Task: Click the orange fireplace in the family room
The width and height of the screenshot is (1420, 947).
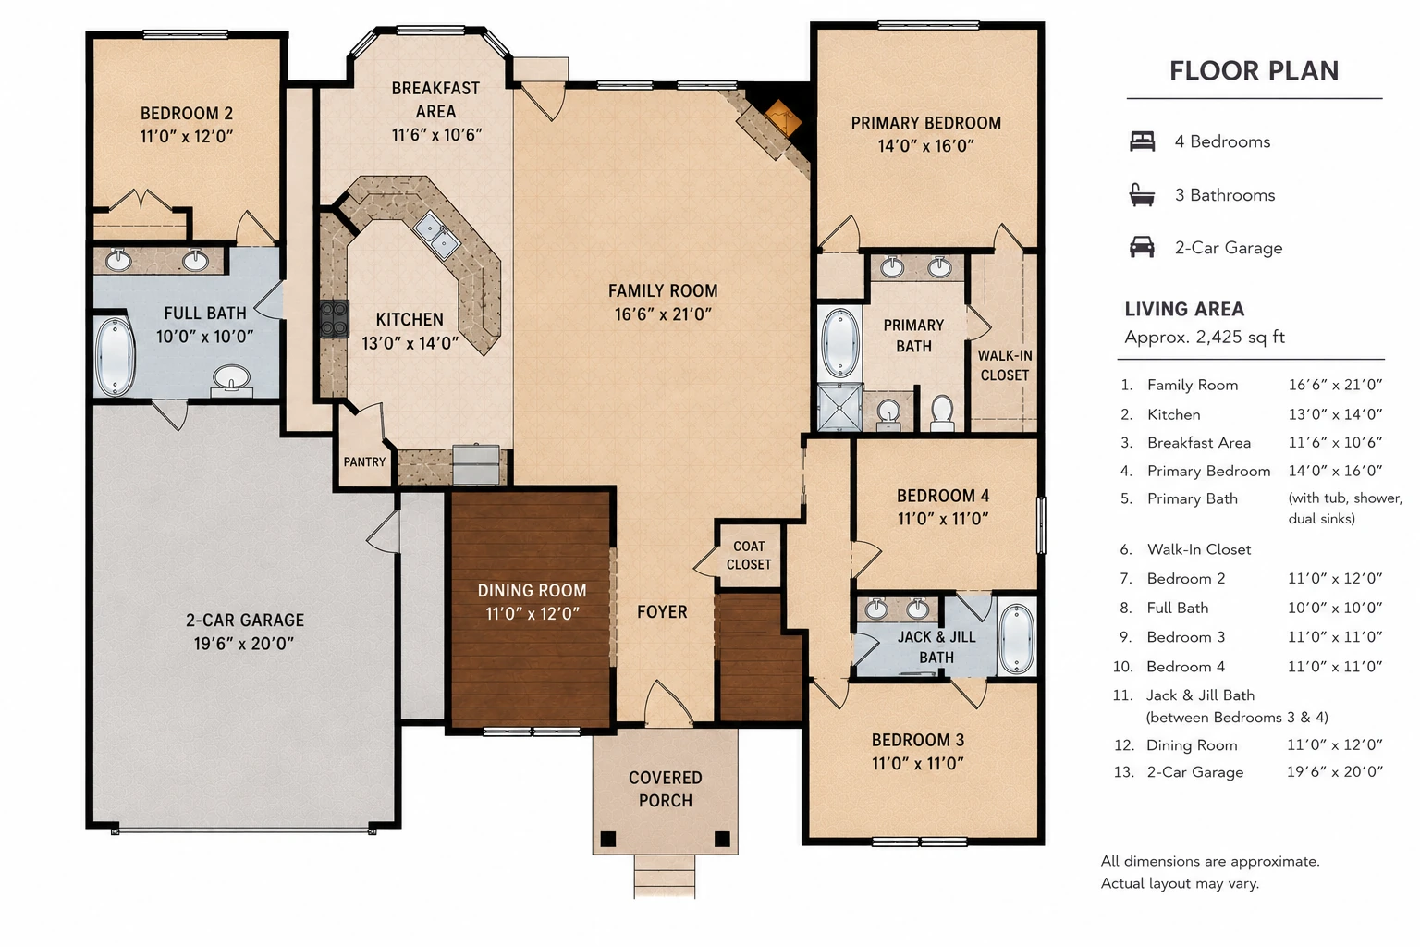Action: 783,117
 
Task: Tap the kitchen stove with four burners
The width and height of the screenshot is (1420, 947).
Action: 334,318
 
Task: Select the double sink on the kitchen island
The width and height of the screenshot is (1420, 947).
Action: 436,234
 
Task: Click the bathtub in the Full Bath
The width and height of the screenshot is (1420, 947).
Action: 115,357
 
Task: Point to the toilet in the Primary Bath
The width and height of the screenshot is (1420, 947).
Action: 942,412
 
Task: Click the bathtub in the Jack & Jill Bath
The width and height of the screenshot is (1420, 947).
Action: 1016,639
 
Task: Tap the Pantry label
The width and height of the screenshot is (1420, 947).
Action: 364,461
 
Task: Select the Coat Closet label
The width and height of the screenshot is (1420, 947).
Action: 749,555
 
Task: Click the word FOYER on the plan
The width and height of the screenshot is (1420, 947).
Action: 662,611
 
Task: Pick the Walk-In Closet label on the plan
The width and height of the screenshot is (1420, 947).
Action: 1004,365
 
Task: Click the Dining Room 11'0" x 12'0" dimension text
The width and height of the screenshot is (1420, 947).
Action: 532,613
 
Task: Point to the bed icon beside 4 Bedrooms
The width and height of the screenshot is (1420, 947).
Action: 1143,141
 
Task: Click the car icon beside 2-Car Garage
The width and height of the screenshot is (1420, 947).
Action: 1143,247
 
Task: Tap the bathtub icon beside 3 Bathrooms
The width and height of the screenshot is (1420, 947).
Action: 1142,195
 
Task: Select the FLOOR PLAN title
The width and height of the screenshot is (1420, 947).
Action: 1254,70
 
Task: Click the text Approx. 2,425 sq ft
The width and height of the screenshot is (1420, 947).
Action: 1205,337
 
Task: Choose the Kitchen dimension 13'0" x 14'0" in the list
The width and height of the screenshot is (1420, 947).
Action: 1335,414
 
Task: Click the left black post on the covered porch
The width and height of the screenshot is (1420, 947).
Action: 608,839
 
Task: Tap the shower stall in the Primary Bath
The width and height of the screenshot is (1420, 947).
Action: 839,407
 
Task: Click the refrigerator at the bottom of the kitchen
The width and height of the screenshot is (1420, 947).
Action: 476,465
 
